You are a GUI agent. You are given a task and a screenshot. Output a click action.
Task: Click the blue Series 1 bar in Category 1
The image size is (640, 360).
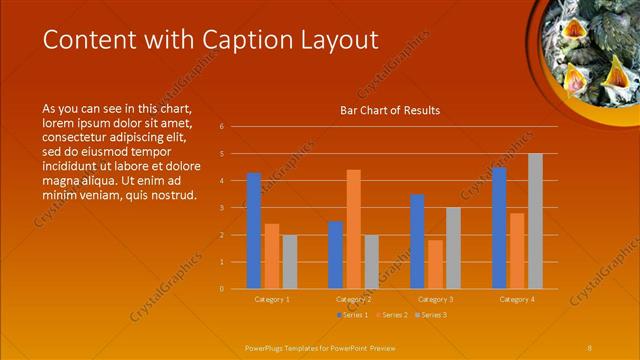click(x=254, y=231)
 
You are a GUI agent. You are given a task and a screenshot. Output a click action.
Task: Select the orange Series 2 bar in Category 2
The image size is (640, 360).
click(x=353, y=229)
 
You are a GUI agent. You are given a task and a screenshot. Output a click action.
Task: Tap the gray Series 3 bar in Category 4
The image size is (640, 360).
click(x=535, y=221)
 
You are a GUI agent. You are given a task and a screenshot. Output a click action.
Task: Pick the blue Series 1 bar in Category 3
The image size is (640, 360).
click(x=417, y=241)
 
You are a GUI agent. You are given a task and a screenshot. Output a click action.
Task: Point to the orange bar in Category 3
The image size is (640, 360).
click(x=435, y=264)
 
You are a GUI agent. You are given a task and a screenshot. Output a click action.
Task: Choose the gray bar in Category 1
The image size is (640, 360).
click(x=290, y=262)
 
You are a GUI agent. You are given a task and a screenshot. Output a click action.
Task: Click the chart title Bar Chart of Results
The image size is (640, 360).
click(x=390, y=110)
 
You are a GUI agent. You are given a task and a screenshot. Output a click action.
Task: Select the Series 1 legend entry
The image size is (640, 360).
click(x=351, y=315)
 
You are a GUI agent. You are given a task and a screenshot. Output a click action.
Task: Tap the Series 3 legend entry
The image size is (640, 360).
click(x=430, y=315)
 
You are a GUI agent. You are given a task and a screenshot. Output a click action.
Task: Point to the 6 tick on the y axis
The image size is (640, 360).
click(x=235, y=127)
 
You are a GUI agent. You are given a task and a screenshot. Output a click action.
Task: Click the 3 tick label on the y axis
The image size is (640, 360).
click(x=235, y=208)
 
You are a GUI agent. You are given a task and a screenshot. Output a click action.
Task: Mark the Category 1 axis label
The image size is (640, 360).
click(x=272, y=299)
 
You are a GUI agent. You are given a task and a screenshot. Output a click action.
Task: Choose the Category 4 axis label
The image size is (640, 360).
click(x=517, y=299)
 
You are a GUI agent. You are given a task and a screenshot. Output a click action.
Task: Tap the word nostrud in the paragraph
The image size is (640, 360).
click(x=170, y=194)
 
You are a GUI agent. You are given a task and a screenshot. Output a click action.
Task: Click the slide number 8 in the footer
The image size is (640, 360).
click(x=589, y=346)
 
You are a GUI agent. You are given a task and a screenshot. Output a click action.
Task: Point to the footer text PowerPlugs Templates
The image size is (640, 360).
click(x=290, y=346)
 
